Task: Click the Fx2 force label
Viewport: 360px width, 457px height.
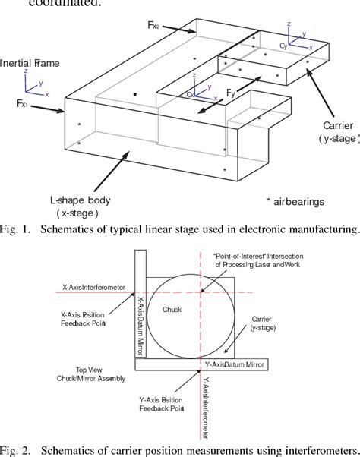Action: tap(153, 24)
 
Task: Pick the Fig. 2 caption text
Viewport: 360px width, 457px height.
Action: tap(180, 449)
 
